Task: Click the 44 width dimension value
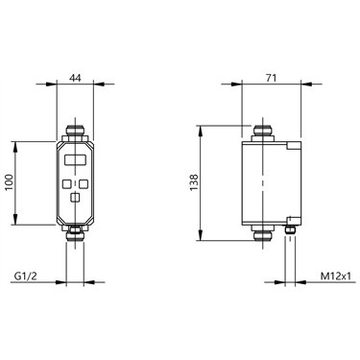click(75, 78)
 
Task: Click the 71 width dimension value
click(270, 78)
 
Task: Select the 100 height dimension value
click(10, 182)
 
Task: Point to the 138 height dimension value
click(194, 182)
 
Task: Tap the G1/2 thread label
click(26, 276)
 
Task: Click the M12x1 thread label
click(334, 276)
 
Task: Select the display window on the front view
click(75, 159)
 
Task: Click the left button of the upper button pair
click(67, 183)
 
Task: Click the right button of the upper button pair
click(84, 183)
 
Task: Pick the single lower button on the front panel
click(75, 198)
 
